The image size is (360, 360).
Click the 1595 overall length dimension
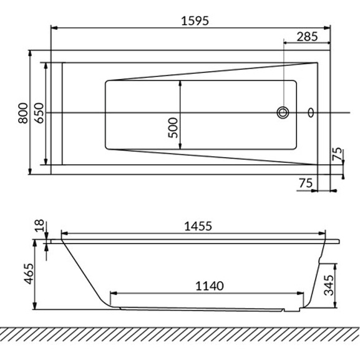pos(195,21)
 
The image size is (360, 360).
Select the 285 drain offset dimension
pos(307,37)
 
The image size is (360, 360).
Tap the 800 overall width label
pos(23,113)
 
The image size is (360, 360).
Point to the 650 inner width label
pos(39,113)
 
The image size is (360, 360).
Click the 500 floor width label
pos(173,128)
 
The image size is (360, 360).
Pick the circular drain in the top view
pos(283,112)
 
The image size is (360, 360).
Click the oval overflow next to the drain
pos(311,112)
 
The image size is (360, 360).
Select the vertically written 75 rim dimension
pos(337,153)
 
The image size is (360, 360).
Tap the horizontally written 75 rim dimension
pos(306,183)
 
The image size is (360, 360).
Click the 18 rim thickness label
pos(39,225)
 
